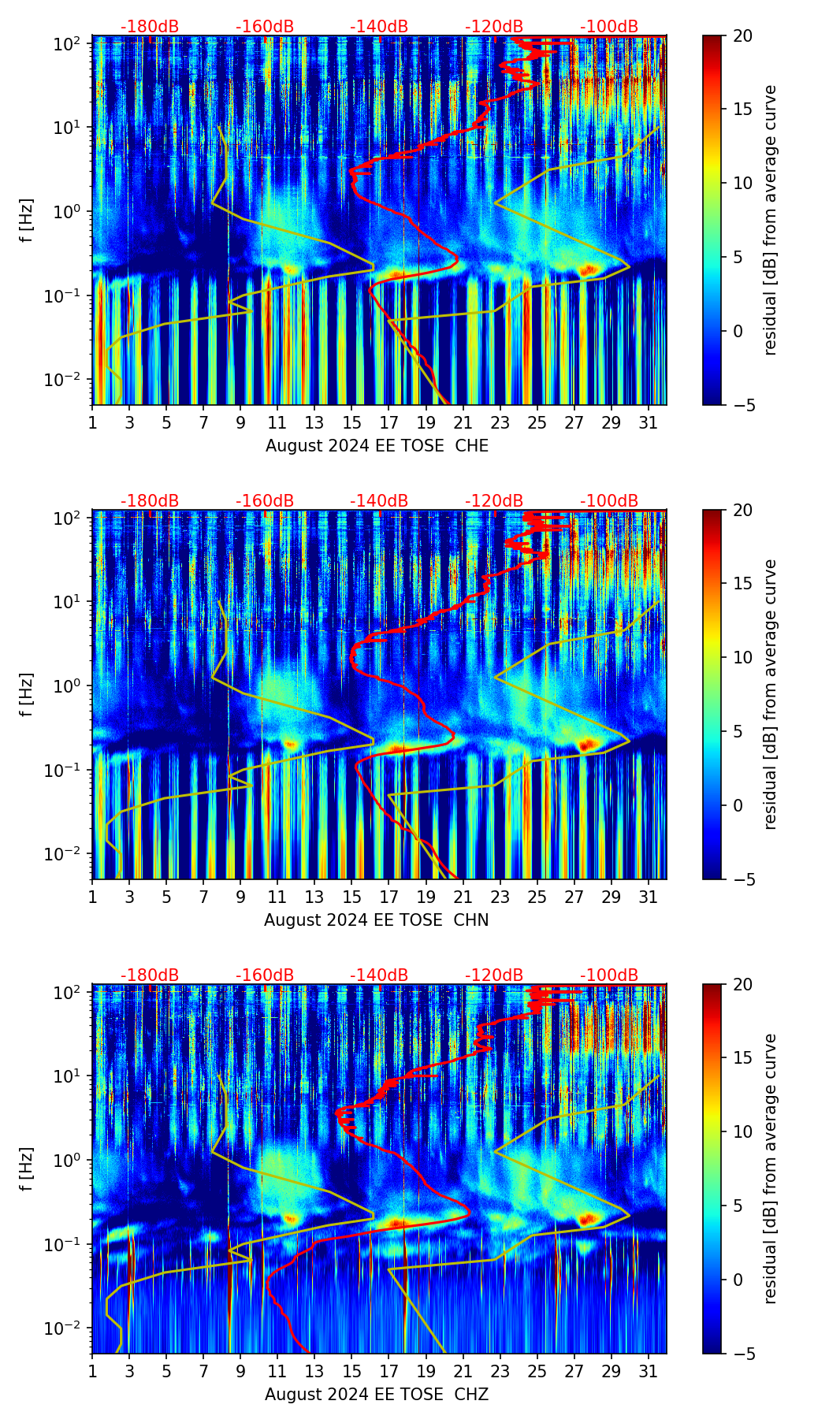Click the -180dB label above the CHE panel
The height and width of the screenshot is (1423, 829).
point(150,28)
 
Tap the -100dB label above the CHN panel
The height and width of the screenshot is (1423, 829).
point(609,502)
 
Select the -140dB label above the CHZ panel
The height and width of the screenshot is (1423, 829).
point(379,976)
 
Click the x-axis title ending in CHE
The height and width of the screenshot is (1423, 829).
point(377,446)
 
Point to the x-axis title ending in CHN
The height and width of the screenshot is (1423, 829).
point(376,920)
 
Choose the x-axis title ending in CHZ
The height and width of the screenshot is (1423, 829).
point(376,1395)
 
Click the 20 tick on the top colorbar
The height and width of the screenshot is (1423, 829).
point(743,35)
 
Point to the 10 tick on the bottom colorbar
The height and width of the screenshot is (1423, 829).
point(743,1132)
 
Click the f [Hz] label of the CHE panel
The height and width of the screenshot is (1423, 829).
point(27,221)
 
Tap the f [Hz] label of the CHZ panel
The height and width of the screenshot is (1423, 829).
point(27,1170)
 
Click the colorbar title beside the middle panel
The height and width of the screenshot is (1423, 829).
point(770,694)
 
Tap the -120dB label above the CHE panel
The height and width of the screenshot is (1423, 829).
point(494,28)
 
